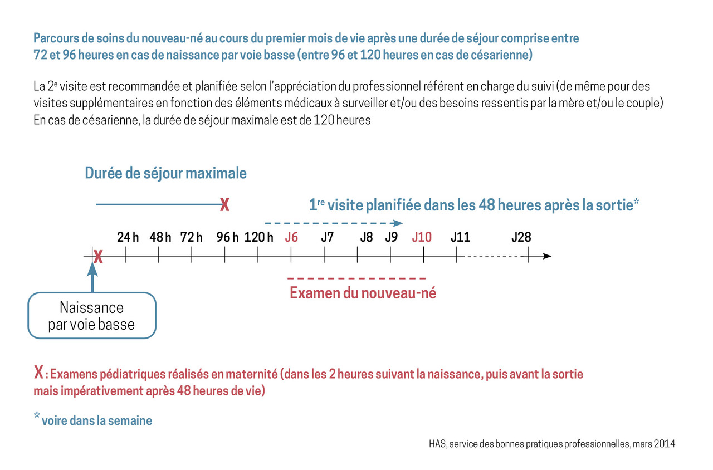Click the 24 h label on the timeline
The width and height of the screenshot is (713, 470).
point(128,237)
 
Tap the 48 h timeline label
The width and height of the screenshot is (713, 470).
point(160,237)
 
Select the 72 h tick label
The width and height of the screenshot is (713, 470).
point(191,237)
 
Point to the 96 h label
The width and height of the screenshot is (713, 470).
point(227,237)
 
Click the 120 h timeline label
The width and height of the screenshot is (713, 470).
point(258,237)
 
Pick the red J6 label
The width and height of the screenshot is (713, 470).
point(291,237)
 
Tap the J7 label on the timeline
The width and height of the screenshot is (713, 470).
point(328,237)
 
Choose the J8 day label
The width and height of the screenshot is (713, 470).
point(367,237)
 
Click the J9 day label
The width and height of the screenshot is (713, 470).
point(392,237)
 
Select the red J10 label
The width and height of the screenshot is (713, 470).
point(422,237)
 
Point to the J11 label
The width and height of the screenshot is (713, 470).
point(460,237)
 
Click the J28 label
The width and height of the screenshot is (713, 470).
point(521,237)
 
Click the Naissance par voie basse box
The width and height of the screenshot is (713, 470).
point(92,316)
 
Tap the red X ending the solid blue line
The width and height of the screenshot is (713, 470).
point(224,205)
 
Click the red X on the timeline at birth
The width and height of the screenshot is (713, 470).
point(98,257)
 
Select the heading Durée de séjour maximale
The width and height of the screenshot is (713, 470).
point(165,173)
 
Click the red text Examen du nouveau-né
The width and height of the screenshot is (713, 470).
point(363,293)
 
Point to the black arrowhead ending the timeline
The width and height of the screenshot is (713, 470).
point(547,256)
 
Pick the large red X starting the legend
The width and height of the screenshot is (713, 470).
point(38,372)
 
